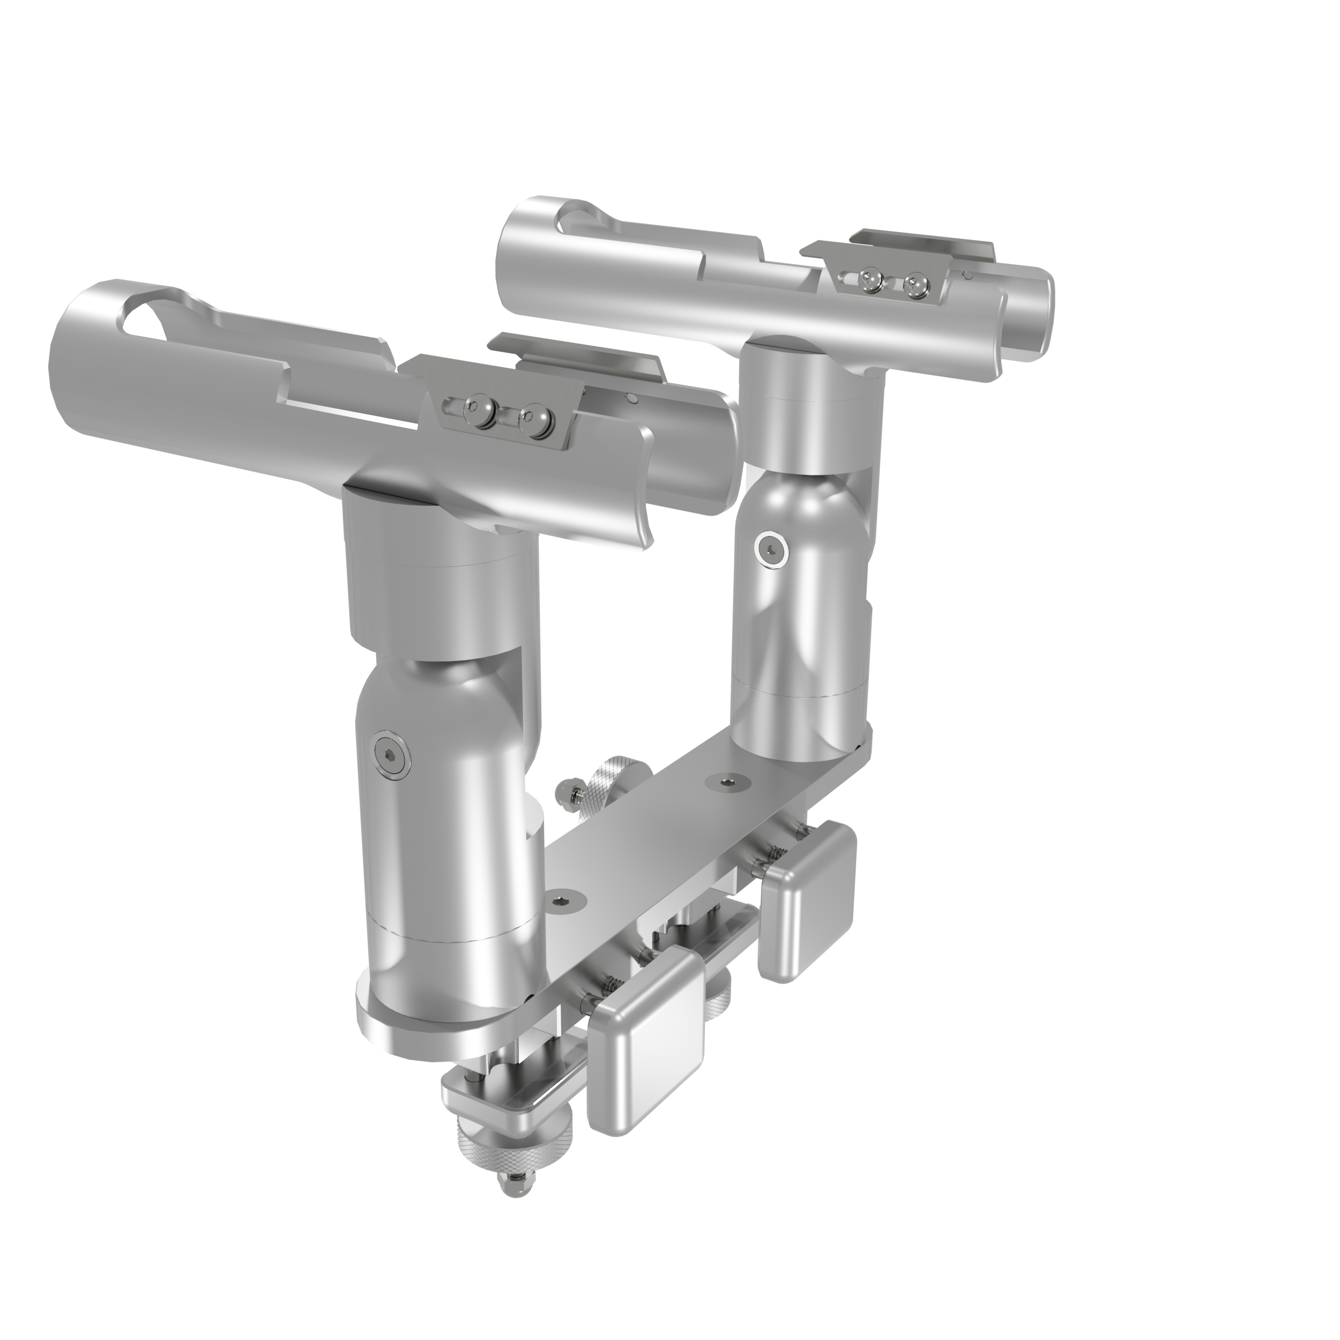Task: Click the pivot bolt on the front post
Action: click(391, 751)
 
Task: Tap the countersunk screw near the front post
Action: click(559, 902)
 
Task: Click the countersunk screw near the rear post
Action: click(726, 781)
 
